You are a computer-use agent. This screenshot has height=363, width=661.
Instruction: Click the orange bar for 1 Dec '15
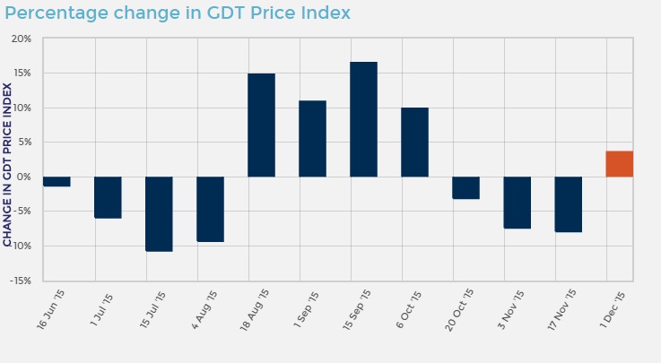click(619, 164)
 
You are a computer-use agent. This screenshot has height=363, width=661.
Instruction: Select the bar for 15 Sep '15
click(363, 119)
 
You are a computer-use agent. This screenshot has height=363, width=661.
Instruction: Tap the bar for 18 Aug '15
click(261, 125)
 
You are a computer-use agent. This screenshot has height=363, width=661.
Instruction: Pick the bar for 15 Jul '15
click(159, 213)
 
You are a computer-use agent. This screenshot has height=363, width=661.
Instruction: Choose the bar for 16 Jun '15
click(57, 181)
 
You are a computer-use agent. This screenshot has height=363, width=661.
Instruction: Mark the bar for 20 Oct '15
click(465, 187)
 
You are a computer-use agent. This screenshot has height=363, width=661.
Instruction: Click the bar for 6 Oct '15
click(414, 142)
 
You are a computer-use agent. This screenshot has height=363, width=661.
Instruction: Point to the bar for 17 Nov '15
click(568, 204)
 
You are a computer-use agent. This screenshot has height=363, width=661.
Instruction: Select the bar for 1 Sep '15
click(312, 138)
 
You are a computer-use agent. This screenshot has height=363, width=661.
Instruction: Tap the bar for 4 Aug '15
click(210, 209)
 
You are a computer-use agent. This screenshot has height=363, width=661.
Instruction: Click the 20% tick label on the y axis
click(22, 39)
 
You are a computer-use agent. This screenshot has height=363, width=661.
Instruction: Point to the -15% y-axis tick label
click(21, 281)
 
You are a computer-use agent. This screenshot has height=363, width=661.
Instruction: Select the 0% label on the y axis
click(25, 177)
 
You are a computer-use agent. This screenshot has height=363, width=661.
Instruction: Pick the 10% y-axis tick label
click(22, 108)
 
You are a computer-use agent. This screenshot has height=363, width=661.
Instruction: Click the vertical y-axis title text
click(8, 164)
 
